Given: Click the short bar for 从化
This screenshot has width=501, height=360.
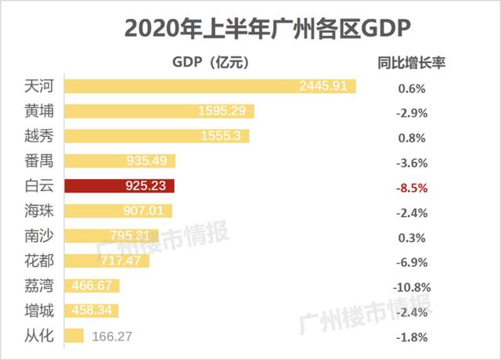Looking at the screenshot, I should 74,336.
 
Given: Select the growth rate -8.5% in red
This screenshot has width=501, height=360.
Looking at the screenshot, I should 412,188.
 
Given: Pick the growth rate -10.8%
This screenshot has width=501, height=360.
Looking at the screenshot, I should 412,287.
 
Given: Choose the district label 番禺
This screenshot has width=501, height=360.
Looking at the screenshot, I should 38,161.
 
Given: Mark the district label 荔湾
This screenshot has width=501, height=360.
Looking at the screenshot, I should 38,286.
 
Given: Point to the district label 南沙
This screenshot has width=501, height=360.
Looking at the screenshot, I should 38,236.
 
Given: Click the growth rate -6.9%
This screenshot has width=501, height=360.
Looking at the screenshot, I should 412,262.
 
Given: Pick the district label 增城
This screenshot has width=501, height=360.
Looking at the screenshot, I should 38,311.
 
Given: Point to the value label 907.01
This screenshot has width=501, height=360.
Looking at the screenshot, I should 145,211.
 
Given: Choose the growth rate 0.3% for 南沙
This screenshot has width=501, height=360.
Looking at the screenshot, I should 412,237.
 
